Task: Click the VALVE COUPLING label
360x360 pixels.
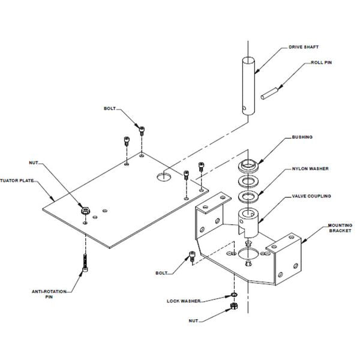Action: tap(311, 196)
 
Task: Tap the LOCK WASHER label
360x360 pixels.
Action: tap(184, 300)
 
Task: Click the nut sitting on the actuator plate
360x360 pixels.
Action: tap(85, 212)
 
